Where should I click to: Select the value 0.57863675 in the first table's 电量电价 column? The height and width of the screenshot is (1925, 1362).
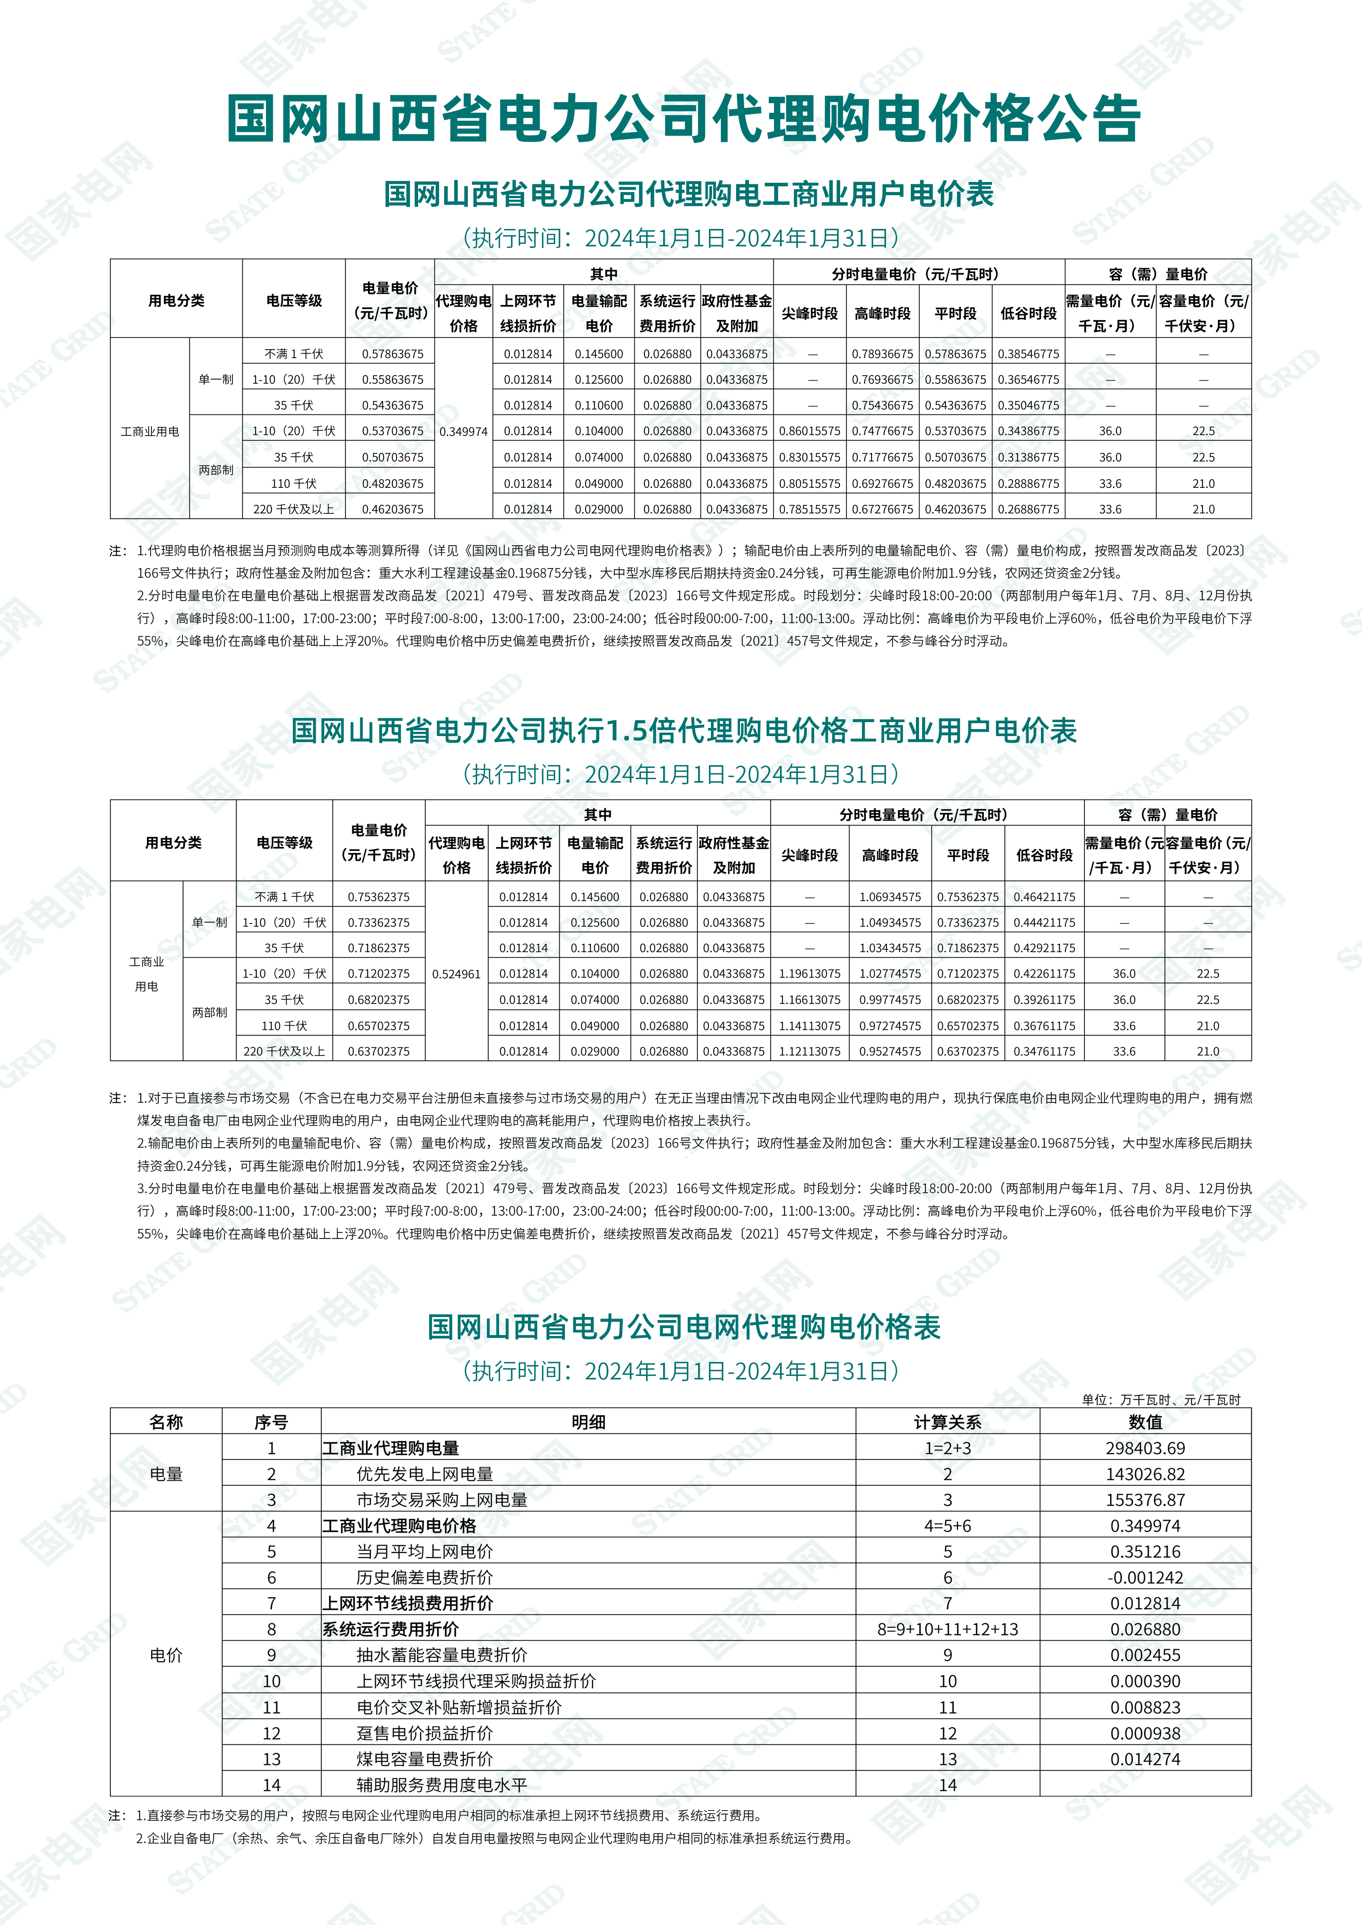393,354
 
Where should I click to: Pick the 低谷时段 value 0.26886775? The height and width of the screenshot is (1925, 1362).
1028,509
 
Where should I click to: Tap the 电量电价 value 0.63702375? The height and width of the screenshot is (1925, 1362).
379,1052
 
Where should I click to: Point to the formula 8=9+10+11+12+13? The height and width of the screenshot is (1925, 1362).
948,1629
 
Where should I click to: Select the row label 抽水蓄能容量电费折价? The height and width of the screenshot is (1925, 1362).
442,1655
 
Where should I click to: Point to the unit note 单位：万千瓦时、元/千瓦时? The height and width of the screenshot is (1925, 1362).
1161,1399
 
